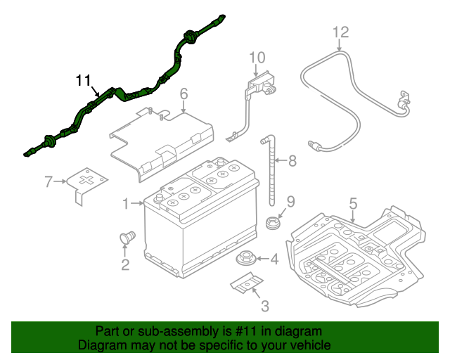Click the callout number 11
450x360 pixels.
tap(84, 80)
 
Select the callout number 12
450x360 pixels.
tap(340, 32)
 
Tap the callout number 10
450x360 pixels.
tap(257, 57)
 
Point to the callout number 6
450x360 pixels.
tap(184, 94)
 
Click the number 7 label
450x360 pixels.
tap(49, 182)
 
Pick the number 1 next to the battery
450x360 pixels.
tap(126, 204)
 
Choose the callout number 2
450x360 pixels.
tap(125, 264)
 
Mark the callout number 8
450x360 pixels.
tap(292, 161)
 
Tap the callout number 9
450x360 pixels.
tap(291, 202)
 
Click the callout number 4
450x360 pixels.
tap(274, 259)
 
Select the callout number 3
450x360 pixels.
tap(264, 305)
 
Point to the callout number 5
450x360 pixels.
tap(353, 203)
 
